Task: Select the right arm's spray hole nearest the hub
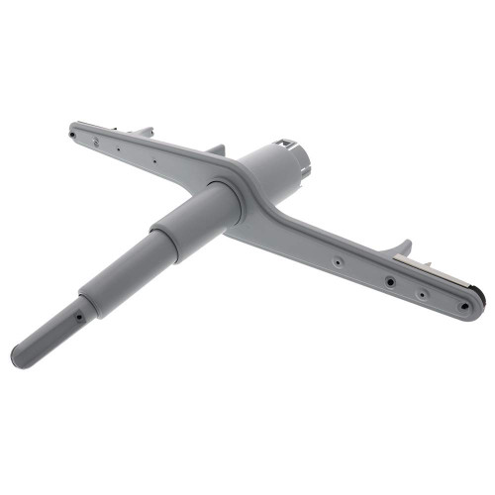tap(338, 262)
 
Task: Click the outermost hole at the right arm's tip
tap(466, 306)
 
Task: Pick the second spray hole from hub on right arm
tap(391, 280)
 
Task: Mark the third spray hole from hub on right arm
tap(422, 294)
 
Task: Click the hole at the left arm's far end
tap(74, 127)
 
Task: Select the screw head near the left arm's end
tap(96, 143)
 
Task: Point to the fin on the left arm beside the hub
tap(216, 149)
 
